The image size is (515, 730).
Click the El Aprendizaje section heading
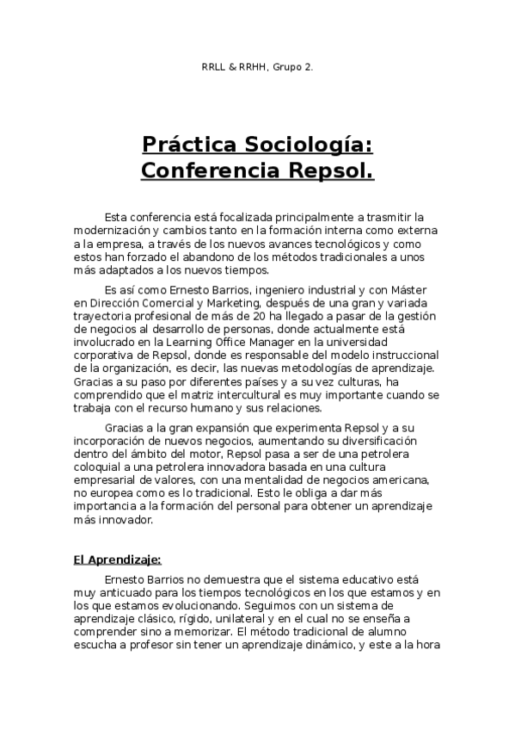[117, 560]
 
